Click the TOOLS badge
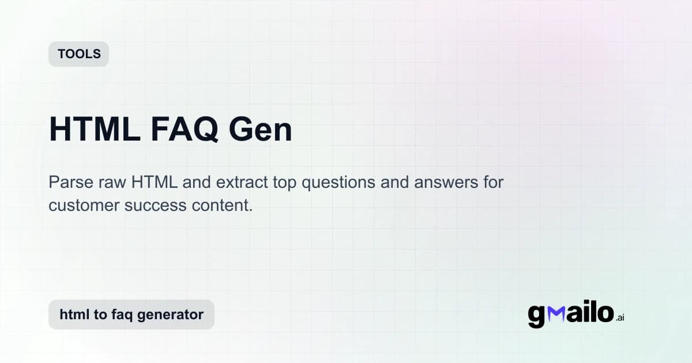78,54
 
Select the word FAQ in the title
185,130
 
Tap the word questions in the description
343,183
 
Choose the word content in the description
224,205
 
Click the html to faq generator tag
131,315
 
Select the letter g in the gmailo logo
536,316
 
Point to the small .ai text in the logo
619,317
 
